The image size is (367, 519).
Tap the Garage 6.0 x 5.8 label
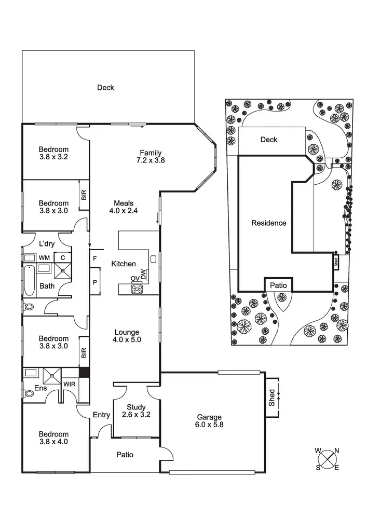pos(209,421)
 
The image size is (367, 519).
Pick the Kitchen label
pos(124,264)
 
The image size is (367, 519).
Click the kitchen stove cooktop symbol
pos(137,290)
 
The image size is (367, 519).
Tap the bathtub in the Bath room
pos(28,279)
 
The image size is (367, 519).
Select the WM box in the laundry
pos(45,257)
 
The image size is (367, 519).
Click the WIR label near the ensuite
pos(69,385)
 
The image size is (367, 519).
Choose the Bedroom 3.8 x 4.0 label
pos(53,438)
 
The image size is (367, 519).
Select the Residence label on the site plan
pos(268,223)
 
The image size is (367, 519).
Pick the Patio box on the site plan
pos(278,284)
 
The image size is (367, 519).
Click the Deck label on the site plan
pos(269,140)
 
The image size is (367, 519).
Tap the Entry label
pos(101,415)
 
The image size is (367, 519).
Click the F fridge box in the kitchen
pos(95,258)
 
